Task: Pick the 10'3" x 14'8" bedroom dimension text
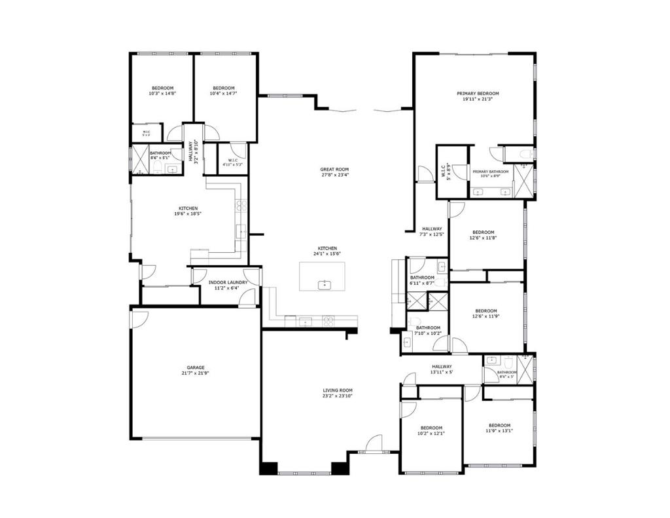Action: [x=162, y=94]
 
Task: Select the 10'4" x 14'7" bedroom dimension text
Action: [x=223, y=94]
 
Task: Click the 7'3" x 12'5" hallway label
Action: [x=431, y=231]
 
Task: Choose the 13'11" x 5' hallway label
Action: [x=442, y=369]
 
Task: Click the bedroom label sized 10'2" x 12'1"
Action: [x=431, y=430]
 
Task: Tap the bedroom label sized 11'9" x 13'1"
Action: [x=499, y=428]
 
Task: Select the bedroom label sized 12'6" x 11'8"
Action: [x=483, y=235]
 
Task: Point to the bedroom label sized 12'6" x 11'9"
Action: [x=485, y=314]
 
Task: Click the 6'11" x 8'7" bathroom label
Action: [x=422, y=280]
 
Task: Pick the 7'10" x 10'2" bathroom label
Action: [x=428, y=330]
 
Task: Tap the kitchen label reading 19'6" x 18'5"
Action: [x=186, y=211]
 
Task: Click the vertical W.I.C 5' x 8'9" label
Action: [x=444, y=172]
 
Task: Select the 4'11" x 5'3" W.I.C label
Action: [x=233, y=162]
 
